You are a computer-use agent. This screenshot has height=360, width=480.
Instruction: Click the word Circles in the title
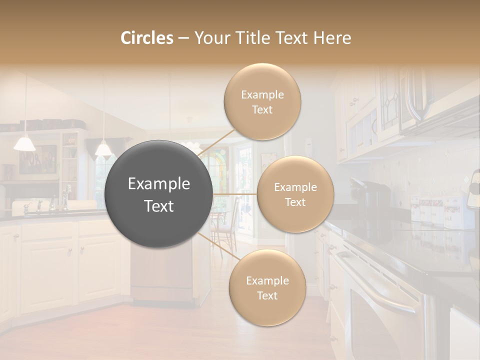pos(147,38)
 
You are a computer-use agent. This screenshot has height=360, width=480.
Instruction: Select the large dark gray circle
pos(158,194)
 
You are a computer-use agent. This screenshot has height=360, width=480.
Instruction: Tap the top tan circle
pos(262,102)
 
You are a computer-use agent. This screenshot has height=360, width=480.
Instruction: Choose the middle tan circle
pos(295,194)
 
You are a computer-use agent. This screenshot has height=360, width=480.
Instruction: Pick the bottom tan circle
pos(267,288)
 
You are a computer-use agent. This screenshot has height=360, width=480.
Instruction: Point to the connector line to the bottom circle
pos(214,245)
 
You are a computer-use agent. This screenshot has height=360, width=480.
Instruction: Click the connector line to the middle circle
pos(235,194)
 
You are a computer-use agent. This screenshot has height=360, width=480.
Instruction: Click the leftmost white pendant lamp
pos(24,143)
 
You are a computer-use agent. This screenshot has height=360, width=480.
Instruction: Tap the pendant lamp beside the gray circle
pos(103,148)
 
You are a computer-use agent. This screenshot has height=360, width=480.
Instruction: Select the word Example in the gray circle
pos(159,184)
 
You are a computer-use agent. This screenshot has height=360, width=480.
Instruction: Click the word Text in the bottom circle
pos(267,295)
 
